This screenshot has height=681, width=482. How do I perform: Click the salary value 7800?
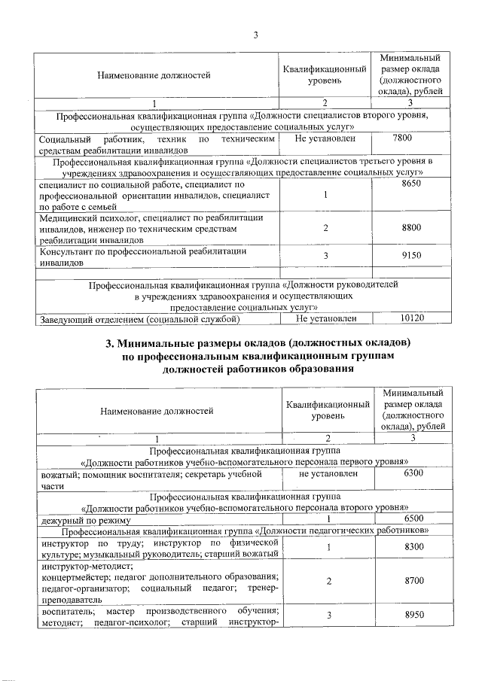pos(402,139)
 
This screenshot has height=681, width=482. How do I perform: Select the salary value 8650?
pos(413,183)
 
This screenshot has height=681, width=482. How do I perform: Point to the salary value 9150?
pos(413,257)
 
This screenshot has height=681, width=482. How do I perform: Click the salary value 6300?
pos(413,475)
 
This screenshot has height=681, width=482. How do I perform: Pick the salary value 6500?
pos(413,519)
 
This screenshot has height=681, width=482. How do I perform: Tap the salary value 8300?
pos(413,546)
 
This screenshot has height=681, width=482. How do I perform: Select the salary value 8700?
pos(413,582)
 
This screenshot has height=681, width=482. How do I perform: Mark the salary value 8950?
pos(413,615)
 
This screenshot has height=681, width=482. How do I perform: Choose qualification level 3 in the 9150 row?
pos(325,257)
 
